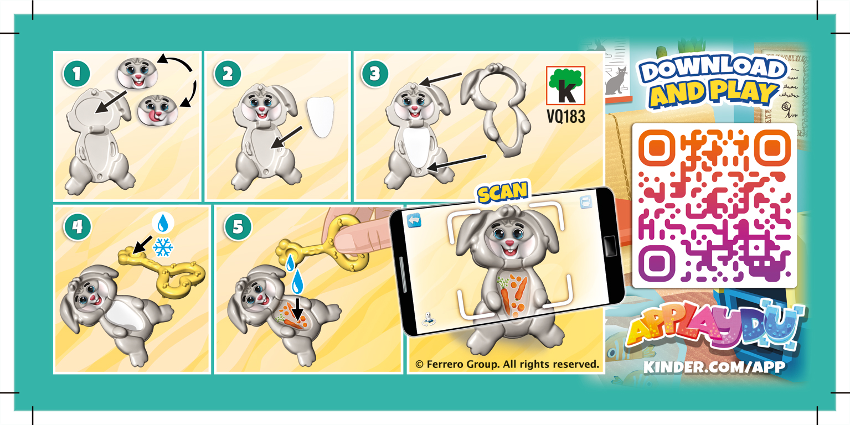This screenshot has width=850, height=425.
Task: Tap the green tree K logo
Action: pos(565,85)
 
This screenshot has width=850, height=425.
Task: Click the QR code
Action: pos(714,205)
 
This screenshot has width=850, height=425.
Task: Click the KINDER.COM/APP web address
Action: pos(714,367)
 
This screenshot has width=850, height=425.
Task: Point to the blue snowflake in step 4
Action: pos(163,247)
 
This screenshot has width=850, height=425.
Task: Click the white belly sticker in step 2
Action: pos(321,117)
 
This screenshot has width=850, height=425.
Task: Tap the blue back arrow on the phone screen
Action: pos(415,221)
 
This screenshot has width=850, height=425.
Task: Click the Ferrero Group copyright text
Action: pos(507,364)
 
